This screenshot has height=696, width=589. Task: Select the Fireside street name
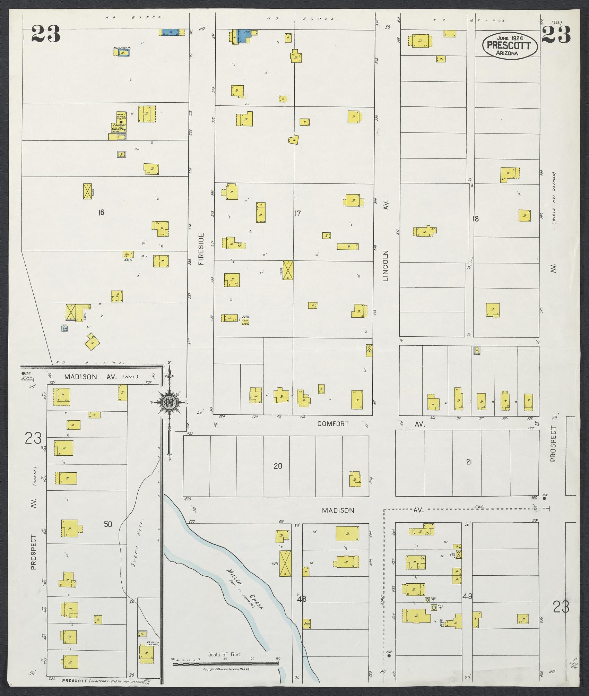click(x=201, y=249)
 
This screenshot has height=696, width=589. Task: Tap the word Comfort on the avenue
click(x=333, y=424)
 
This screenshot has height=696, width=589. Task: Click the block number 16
click(x=101, y=213)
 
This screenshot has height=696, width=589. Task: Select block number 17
click(x=297, y=214)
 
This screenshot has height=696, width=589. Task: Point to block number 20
click(x=278, y=466)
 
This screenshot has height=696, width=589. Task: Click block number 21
click(x=468, y=462)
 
